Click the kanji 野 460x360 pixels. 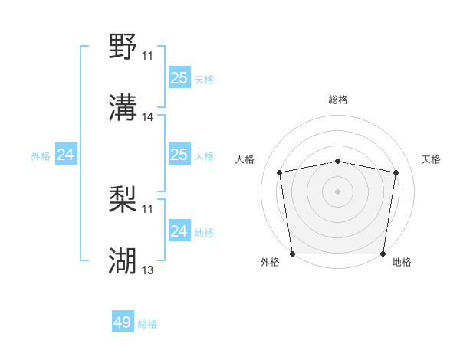click(x=123, y=47)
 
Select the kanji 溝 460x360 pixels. click(x=123, y=108)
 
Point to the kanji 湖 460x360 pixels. click(x=123, y=260)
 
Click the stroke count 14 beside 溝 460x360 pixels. click(x=148, y=117)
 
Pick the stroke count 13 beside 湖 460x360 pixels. click(x=148, y=270)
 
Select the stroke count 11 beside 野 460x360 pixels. click(x=147, y=56)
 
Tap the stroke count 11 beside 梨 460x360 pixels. click(x=147, y=208)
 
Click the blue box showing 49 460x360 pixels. click(x=123, y=323)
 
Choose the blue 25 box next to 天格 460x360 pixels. click(x=179, y=78)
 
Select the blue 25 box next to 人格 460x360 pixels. click(x=179, y=155)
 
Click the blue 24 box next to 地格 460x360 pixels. click(x=179, y=231)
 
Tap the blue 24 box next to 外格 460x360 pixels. click(x=66, y=155)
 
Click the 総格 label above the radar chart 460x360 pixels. click(x=338, y=100)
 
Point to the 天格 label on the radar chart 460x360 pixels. click(x=432, y=159)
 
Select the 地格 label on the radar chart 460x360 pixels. click(x=402, y=263)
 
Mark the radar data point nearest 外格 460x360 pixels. click(x=292, y=254)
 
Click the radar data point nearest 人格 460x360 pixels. click(x=280, y=172)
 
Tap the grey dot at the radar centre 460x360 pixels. click(x=338, y=191)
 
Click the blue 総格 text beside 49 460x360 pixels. click(x=147, y=324)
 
